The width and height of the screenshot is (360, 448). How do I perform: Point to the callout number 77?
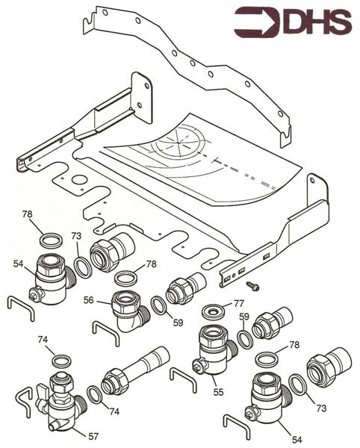239,303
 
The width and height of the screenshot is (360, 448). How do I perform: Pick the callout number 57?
93,435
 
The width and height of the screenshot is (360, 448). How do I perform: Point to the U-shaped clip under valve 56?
105,330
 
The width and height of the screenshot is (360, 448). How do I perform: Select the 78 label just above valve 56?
152,264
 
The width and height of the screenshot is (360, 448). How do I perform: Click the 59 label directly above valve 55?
243,317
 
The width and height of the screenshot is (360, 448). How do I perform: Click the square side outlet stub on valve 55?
199,367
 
